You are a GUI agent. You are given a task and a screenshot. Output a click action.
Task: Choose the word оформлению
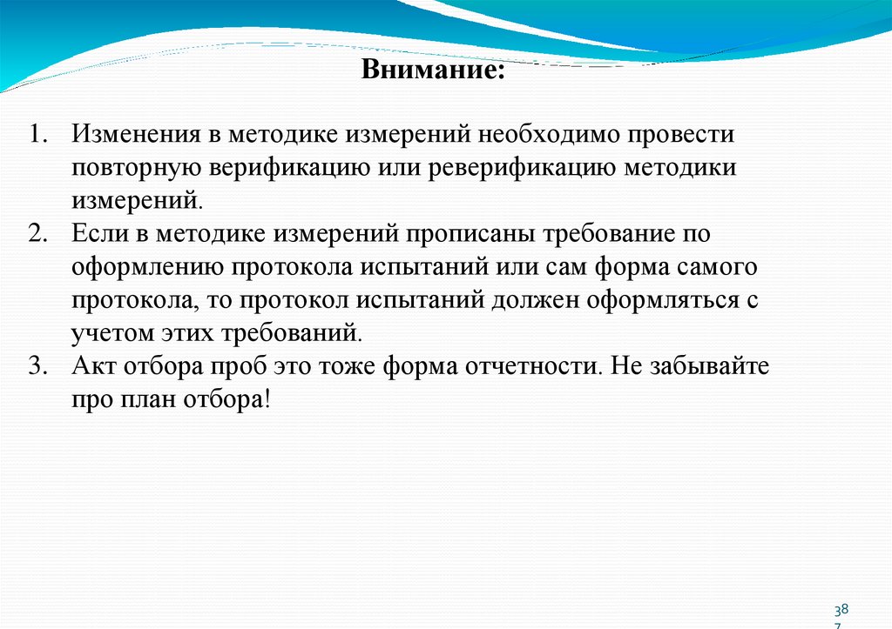(139, 268)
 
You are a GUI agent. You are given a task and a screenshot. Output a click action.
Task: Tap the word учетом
(106, 333)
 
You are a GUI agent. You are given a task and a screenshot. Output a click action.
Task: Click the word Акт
(94, 366)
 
